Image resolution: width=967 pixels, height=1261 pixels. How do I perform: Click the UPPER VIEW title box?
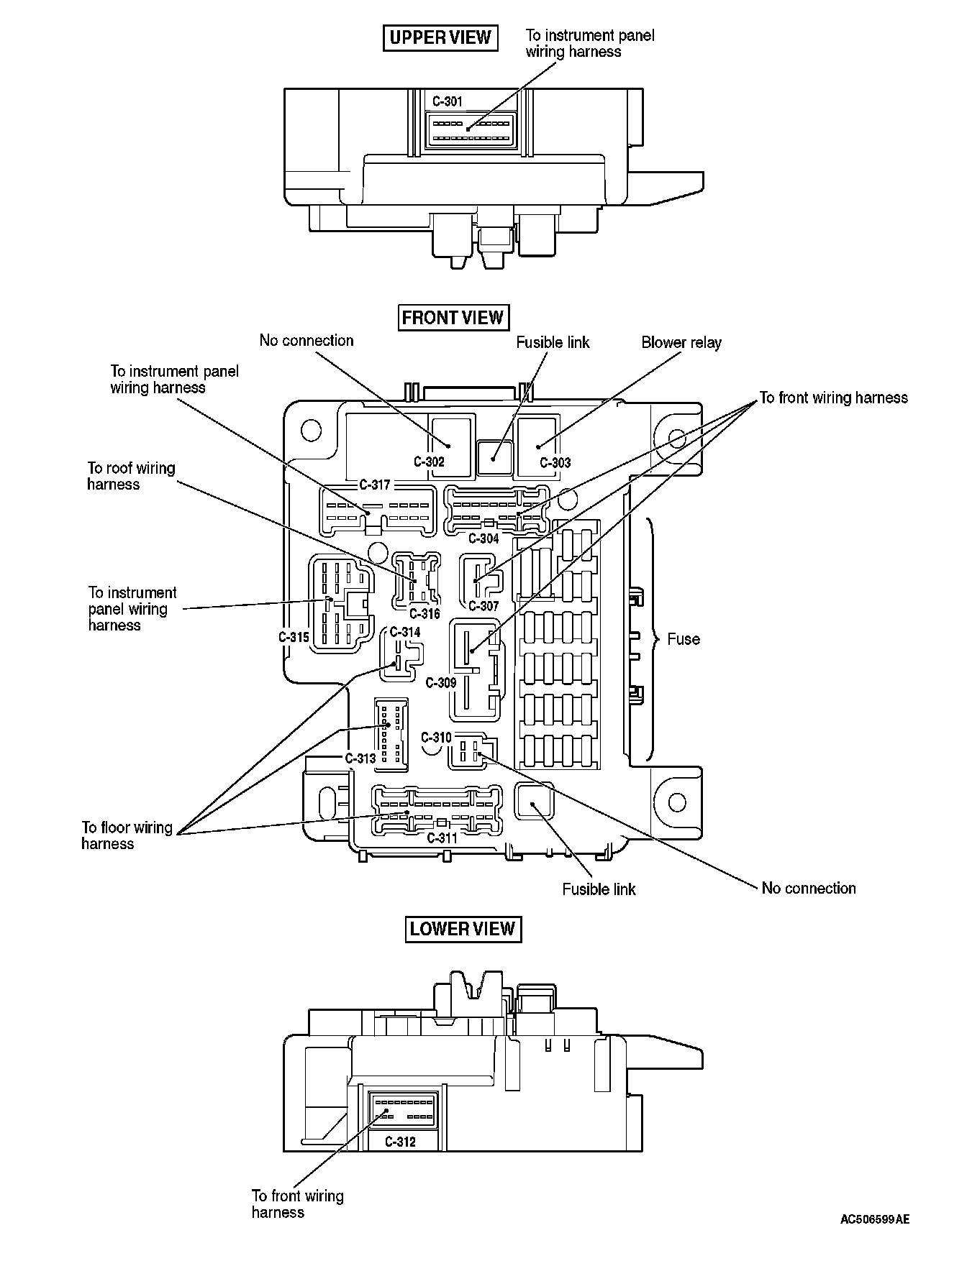pyautogui.click(x=440, y=37)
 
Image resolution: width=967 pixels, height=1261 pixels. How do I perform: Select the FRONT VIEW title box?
pyautogui.click(x=453, y=318)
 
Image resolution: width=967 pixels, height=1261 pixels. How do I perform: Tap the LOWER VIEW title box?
pyautogui.click(x=463, y=929)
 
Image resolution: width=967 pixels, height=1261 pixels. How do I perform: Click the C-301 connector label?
pyautogui.click(x=448, y=101)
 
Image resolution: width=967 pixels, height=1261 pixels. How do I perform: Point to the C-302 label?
pyautogui.click(x=429, y=462)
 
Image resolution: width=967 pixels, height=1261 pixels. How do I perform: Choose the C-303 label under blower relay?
pyautogui.click(x=555, y=463)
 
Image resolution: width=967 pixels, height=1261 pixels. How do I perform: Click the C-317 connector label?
pyautogui.click(x=374, y=485)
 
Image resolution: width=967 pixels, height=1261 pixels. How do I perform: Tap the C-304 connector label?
pyautogui.click(x=484, y=538)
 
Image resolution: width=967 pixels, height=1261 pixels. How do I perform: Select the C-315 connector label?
pyautogui.click(x=294, y=637)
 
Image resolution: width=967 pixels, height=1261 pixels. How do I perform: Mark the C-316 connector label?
pyautogui.click(x=425, y=613)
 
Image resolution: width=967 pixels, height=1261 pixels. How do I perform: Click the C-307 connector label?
pyautogui.click(x=484, y=606)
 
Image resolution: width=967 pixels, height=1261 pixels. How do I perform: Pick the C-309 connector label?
pyautogui.click(x=441, y=682)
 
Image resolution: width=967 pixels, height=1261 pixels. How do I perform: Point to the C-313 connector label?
pyautogui.click(x=360, y=758)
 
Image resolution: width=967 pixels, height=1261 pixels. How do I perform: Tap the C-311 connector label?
pyautogui.click(x=442, y=838)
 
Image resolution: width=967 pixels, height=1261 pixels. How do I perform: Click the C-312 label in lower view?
pyautogui.click(x=400, y=1142)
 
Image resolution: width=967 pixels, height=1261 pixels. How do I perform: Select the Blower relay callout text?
pyautogui.click(x=681, y=343)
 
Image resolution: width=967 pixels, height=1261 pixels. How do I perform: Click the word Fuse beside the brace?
pyautogui.click(x=683, y=639)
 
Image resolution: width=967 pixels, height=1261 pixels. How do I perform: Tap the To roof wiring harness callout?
pyautogui.click(x=131, y=476)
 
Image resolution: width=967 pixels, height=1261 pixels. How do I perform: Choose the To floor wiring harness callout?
pyautogui.click(x=127, y=835)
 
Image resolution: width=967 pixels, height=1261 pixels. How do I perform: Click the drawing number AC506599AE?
pyautogui.click(x=875, y=1219)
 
